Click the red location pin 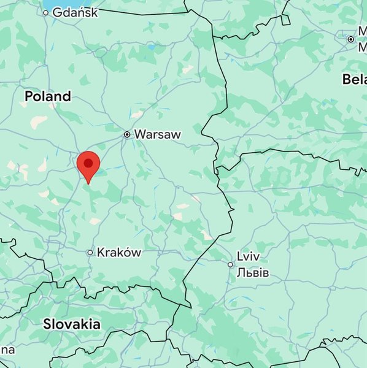88,165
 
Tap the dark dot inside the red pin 88,163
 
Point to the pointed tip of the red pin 88,183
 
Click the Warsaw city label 157,134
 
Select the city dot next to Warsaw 127,134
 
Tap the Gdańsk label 75,12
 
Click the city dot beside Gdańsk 45,12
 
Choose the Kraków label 119,252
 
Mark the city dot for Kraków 90,252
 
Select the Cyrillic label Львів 252,272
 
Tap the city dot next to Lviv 230,264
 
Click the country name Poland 47,96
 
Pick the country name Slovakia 72,324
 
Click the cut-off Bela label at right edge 354,79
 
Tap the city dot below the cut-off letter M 350,39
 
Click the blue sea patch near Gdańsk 46,4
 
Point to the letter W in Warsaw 140,134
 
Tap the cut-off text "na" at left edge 6,350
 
